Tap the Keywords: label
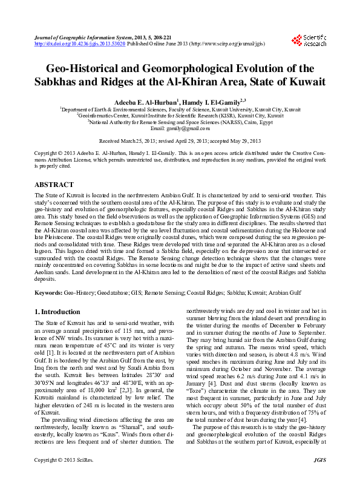[49, 292]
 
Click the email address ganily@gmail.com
[189, 128]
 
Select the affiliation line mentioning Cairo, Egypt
[181, 122]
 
